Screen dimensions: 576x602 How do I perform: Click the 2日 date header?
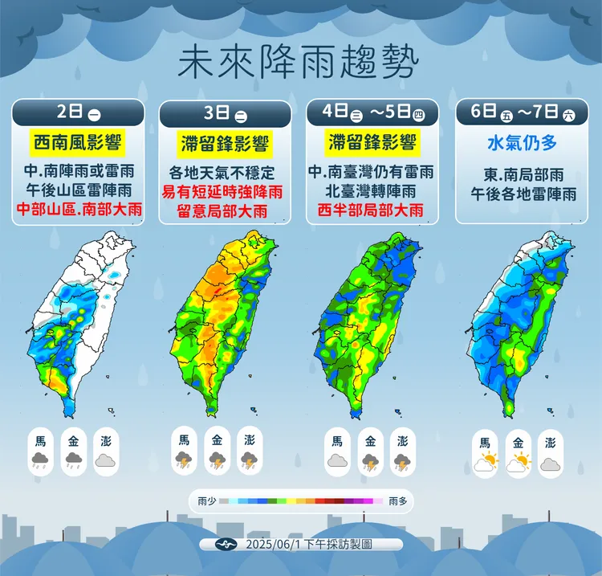coord(78,112)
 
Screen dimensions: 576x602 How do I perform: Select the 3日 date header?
coord(225,112)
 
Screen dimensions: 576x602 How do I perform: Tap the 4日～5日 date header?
coord(372,112)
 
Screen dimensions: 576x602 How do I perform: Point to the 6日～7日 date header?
coord(520,112)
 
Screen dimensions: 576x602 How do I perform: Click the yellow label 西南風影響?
coord(78,144)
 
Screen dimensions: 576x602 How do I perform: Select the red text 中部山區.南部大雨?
coord(78,211)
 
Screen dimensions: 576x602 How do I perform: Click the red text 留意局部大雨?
coord(225,211)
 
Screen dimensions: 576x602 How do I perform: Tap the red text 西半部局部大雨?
coord(372,211)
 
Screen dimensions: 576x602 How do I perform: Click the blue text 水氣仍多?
coord(521,144)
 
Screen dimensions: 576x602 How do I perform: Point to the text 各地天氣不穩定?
coord(225,172)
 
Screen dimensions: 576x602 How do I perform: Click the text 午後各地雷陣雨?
coord(521,194)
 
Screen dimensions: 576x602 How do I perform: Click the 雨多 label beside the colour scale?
coord(398,501)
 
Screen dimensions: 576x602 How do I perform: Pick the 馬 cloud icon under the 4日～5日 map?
coord(337,460)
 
